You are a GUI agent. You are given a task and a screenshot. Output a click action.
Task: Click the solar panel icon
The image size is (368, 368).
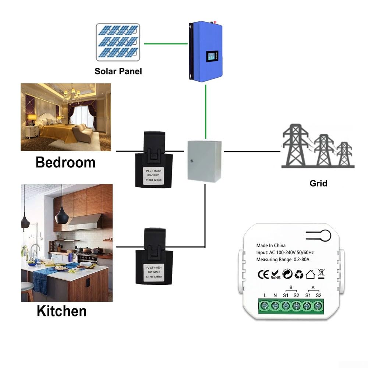[x=118, y=42]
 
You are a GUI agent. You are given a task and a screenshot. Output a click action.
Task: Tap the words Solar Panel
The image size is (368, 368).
[x=118, y=71]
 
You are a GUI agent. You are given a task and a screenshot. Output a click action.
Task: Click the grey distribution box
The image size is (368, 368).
[x=205, y=161]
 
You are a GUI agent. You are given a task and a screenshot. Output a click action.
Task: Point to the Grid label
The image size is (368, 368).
[x=318, y=183]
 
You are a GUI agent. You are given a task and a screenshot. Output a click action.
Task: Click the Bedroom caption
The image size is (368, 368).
[x=66, y=162]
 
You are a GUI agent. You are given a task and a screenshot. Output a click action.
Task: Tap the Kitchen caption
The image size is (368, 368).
[x=62, y=311]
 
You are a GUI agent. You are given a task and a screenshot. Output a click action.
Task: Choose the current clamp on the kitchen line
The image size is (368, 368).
[x=154, y=256]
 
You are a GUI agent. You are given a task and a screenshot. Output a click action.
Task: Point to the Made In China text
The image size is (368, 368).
[x=271, y=245]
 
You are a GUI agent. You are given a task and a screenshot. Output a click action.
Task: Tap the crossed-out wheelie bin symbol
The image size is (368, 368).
[x=321, y=273]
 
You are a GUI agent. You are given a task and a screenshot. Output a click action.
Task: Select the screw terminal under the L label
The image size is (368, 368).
[x=265, y=306]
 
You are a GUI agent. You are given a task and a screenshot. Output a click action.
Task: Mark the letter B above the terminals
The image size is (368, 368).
[x=291, y=288]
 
